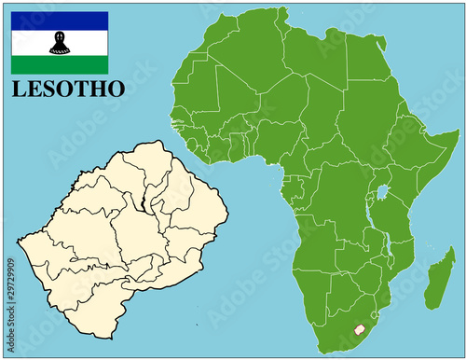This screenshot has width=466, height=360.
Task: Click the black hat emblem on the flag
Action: point(59,42)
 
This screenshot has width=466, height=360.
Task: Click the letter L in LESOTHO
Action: point(20,90)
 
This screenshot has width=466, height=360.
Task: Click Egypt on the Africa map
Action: point(367,65)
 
